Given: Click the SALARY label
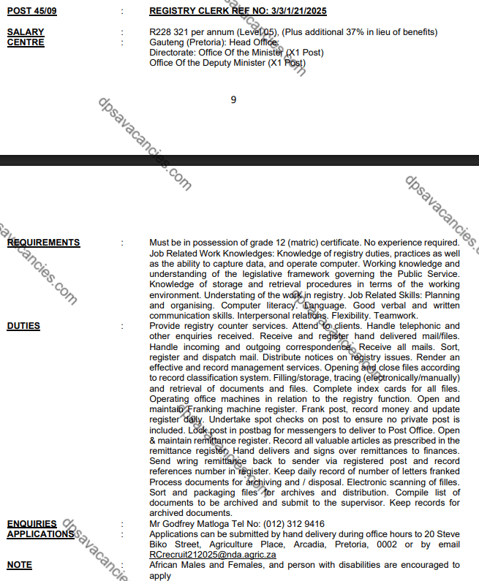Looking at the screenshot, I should click(x=26, y=32).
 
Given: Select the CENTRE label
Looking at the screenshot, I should click(x=26, y=42).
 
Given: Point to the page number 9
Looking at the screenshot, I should click(x=233, y=100).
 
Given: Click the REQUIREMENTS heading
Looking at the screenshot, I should click(x=43, y=243).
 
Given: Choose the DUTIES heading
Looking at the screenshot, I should click(x=23, y=326).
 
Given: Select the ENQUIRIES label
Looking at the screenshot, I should click(x=31, y=524).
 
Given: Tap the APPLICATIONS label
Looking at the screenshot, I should click(x=40, y=534).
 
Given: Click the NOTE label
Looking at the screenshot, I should click(x=19, y=565).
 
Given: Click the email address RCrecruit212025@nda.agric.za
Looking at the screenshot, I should click(x=213, y=555).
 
